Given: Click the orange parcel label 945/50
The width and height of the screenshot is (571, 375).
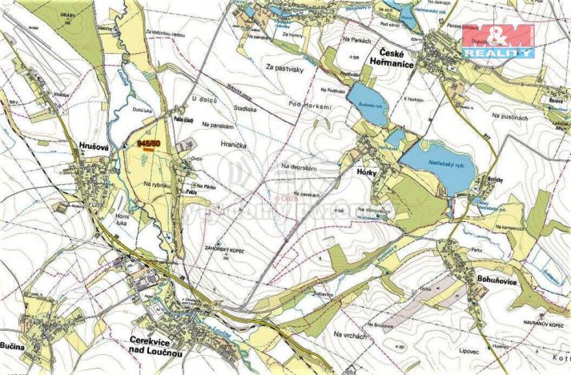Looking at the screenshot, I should click(x=148, y=142).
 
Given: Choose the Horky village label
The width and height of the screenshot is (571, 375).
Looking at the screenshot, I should click(x=365, y=171).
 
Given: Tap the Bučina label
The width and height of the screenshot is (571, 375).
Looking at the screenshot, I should click(x=17, y=345).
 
